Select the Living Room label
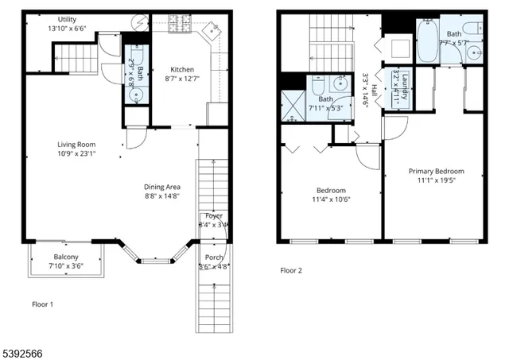click(x=76, y=144)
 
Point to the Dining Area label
click(x=163, y=186)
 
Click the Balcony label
click(x=65, y=257)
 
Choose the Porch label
click(x=214, y=257)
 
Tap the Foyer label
click(x=214, y=215)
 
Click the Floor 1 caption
click(x=43, y=304)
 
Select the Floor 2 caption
click(x=291, y=270)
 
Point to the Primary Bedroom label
click(x=436, y=171)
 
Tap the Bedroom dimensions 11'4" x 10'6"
click(x=331, y=200)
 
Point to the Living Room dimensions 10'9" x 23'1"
click(x=76, y=153)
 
